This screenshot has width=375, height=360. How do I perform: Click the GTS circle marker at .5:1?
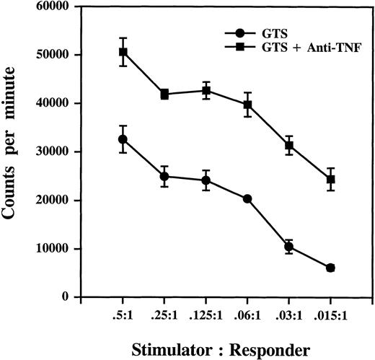coord(123,139)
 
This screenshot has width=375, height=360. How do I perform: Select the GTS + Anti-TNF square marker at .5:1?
coord(123,52)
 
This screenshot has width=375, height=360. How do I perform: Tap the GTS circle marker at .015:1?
coord(330,268)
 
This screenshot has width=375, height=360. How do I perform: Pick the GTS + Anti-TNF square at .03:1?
coord(289,145)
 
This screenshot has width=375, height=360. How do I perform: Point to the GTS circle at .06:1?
coord(247,198)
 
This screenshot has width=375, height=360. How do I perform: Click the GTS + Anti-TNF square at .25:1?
coord(164,94)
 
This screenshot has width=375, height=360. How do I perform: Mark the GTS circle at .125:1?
coord(206,180)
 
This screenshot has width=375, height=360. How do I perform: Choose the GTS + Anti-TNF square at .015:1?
coord(330,179)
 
